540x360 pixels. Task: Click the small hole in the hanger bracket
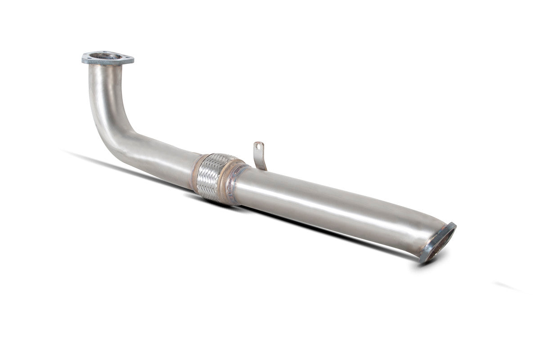(259, 146)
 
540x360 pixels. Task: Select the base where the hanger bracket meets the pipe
(262, 168)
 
